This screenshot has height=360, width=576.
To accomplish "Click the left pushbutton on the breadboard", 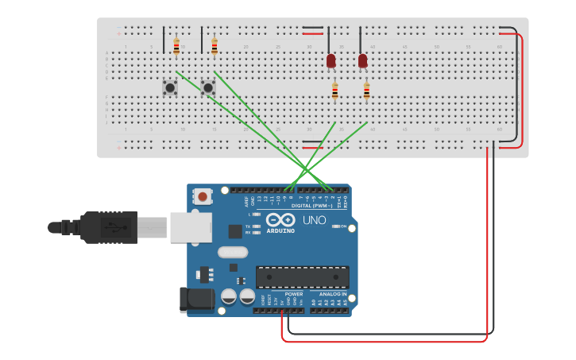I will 170,87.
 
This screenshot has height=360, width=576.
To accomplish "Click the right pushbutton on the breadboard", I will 208,87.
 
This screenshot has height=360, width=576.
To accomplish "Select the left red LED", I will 331,60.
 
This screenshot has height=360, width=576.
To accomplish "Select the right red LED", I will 363,60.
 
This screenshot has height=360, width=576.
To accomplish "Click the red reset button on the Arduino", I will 203,196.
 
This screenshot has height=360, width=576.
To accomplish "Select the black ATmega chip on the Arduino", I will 302,277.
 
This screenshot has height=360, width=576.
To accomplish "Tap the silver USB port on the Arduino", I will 191,226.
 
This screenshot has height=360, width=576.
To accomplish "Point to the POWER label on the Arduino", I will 293,294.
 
